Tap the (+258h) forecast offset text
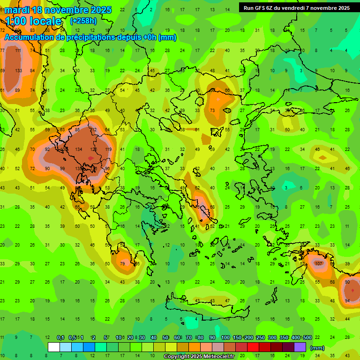[84, 21]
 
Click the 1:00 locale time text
[33, 21]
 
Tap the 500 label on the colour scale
[307, 337]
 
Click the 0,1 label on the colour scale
[60, 337]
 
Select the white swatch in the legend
[54, 347]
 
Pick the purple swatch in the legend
[300, 347]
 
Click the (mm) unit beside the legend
[317, 348]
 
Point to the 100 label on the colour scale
[225, 337]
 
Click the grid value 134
[79, 150]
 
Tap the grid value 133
[18, 70]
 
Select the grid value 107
[319, 263]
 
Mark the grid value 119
[108, 150]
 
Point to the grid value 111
[18, 51]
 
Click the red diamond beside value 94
[352, 291]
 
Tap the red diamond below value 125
[90, 158]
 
